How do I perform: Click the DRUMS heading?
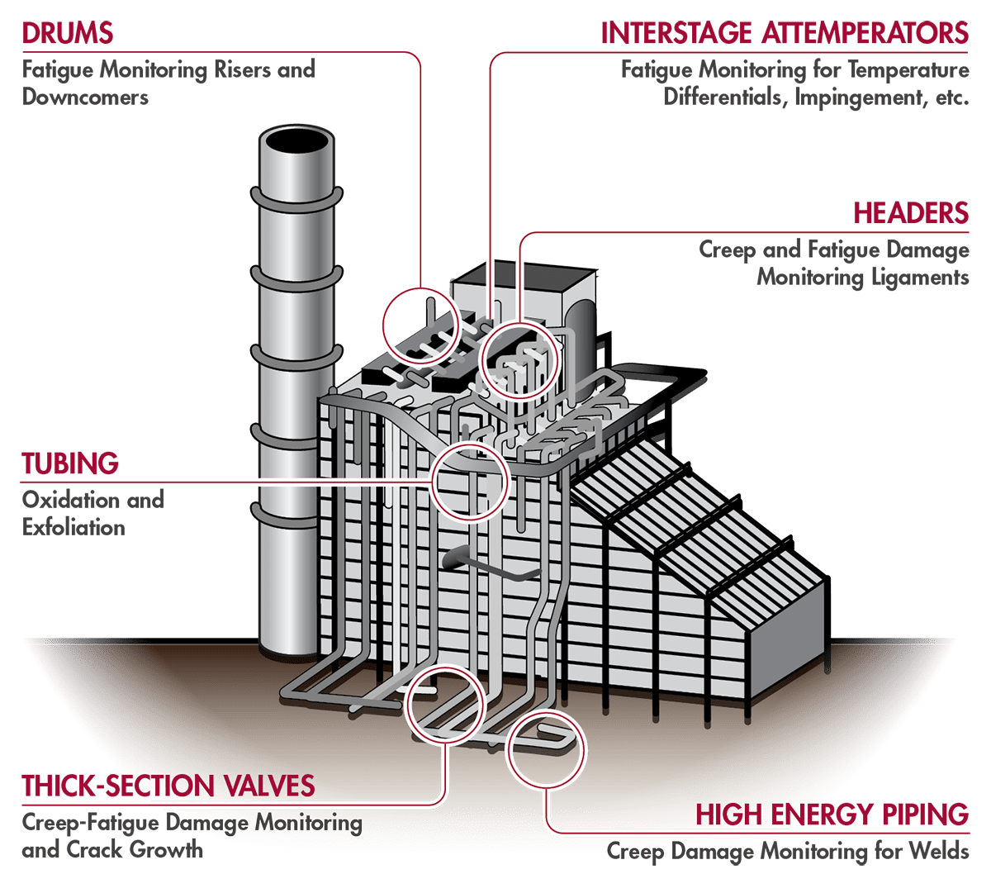pyautogui.click(x=67, y=33)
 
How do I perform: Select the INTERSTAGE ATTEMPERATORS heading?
pyautogui.click(x=785, y=33)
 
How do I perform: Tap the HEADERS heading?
pyautogui.click(x=911, y=212)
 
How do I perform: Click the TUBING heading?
pyautogui.click(x=70, y=463)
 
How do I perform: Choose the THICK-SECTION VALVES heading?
pyautogui.click(x=168, y=785)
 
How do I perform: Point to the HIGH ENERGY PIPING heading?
pyautogui.click(x=832, y=814)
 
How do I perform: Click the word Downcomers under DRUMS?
pyautogui.click(x=85, y=97)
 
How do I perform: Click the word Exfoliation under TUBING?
pyautogui.click(x=73, y=527)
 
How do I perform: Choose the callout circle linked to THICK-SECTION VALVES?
pyautogui.click(x=445, y=701)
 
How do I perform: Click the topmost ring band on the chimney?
pyautogui.click(x=296, y=202)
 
